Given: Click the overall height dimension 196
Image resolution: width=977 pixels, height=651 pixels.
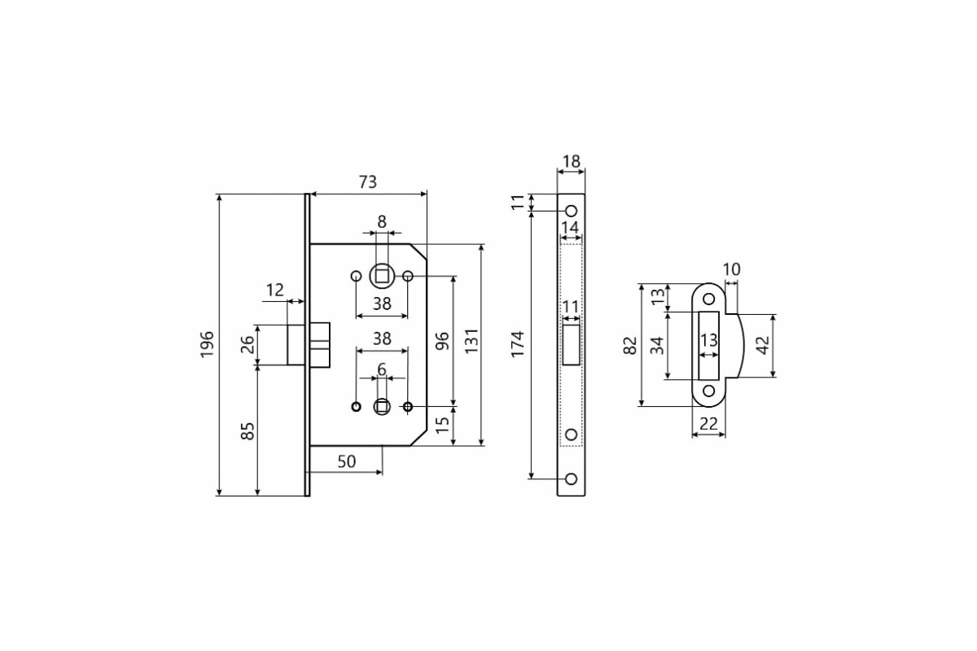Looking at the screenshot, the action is pos(207,345).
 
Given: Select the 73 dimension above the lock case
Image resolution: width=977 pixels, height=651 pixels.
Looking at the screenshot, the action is pos(368,182).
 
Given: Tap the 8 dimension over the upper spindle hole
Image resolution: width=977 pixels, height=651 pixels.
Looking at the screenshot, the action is pos(382,221).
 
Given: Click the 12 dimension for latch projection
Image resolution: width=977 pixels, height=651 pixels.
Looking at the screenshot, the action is pos(274,290).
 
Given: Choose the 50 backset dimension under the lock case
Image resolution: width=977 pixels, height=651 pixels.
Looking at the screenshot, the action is pos(346,461).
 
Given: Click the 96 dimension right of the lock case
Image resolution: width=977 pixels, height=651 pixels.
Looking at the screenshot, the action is pos(443,340).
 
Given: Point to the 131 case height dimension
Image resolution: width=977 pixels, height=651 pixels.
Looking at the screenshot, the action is pos(471,343).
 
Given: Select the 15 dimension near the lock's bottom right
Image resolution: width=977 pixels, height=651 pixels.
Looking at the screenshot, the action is pos(443,426).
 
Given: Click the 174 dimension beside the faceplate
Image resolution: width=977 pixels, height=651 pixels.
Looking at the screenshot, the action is pos(519,343).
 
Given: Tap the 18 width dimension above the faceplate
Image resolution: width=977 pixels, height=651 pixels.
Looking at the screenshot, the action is pos(572,161).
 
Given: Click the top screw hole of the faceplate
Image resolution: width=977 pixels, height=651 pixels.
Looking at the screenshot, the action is pos(572,211).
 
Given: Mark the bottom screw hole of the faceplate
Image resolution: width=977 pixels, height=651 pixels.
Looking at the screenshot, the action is pos(572,478).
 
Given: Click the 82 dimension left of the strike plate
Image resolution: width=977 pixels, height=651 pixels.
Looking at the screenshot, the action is pos(629,345).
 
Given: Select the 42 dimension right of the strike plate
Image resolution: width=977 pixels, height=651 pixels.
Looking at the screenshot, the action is pos(763,345).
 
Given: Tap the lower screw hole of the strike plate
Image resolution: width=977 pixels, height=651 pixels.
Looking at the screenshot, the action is pos(708,391).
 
